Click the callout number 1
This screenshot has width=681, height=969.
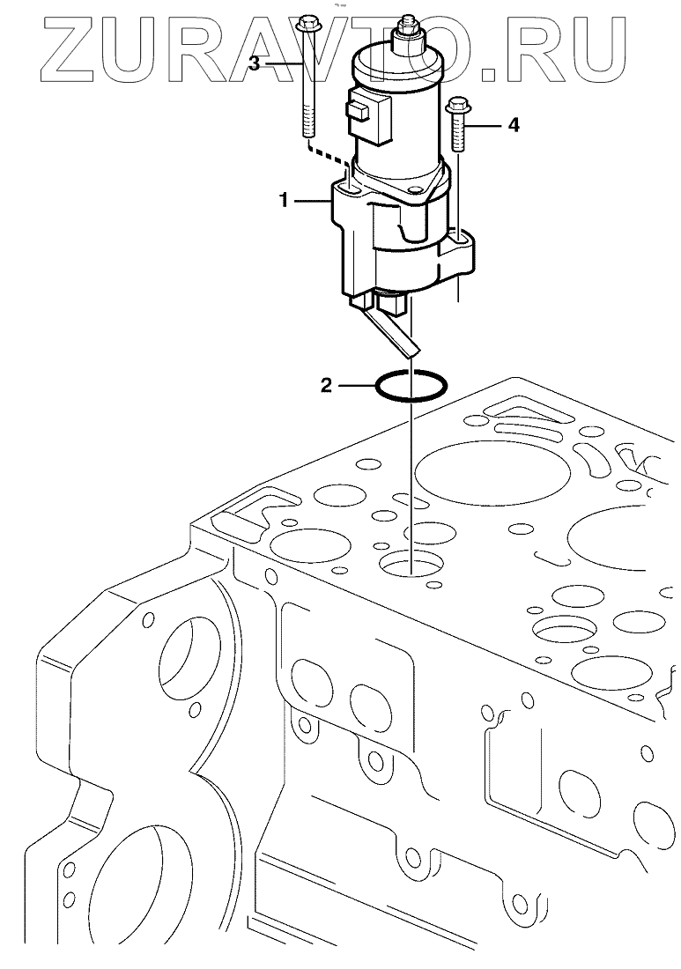pyautogui.click(x=285, y=201)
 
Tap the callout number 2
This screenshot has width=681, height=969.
pyautogui.click(x=326, y=385)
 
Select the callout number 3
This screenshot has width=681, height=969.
pyautogui.click(x=254, y=63)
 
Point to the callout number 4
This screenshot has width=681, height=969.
pyautogui.click(x=513, y=126)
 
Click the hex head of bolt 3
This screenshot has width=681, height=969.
pyautogui.click(x=307, y=25)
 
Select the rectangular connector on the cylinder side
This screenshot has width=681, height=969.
pyautogui.click(x=361, y=110)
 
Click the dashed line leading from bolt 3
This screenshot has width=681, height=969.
pyautogui.click(x=328, y=159)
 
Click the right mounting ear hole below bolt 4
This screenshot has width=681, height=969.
pyautogui.click(x=458, y=236)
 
